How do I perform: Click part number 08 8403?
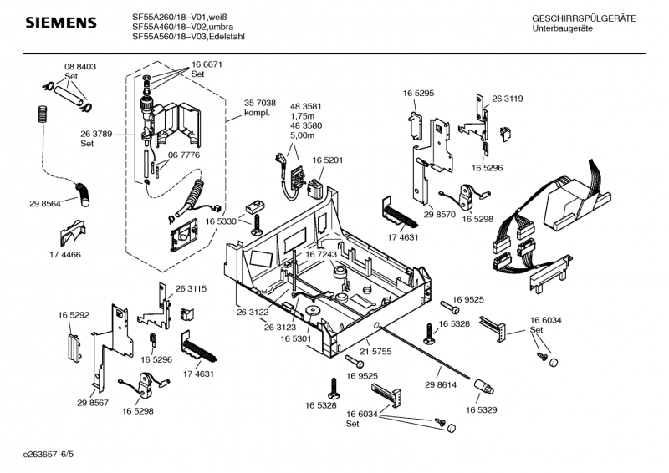[x=80, y=66]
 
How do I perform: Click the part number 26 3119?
[x=507, y=99]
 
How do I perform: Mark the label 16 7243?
[x=321, y=254]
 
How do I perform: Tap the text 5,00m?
[x=302, y=135]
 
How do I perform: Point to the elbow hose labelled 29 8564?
[x=85, y=195]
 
